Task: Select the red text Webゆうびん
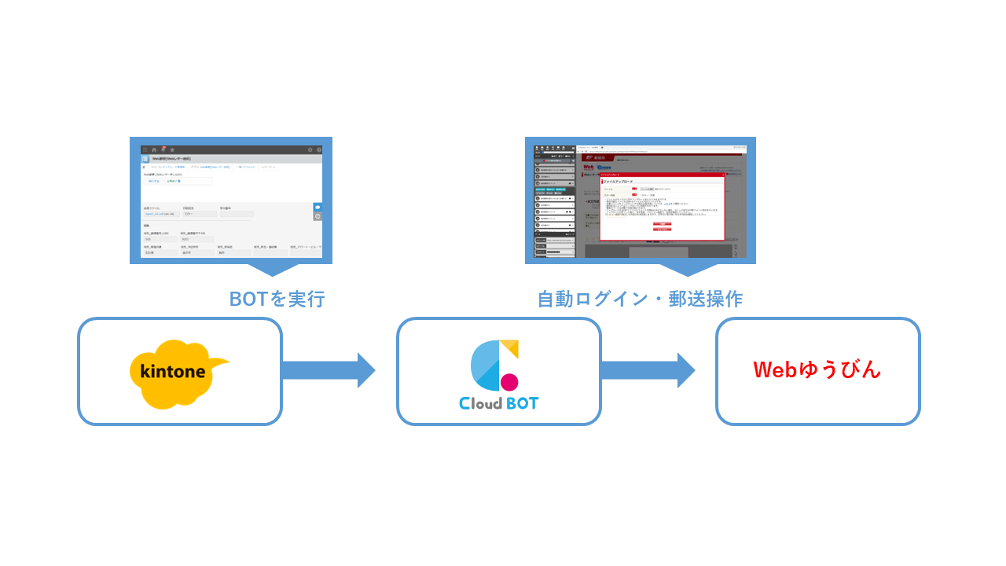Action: [x=817, y=369]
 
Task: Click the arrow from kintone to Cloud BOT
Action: [x=328, y=370]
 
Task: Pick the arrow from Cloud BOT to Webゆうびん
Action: [x=647, y=370]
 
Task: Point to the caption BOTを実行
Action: [x=277, y=300]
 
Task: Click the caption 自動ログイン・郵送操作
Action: [x=640, y=300]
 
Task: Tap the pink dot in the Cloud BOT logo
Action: [x=509, y=382]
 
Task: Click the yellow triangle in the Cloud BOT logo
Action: [x=510, y=347]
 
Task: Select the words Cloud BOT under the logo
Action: [x=499, y=403]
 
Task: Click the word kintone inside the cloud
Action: [x=172, y=371]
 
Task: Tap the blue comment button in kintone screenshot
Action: [x=318, y=208]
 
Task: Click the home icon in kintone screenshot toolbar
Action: [x=154, y=149]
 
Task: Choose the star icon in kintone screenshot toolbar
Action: [x=172, y=149]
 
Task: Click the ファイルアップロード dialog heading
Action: [x=617, y=181]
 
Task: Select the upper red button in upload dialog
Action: [x=662, y=223]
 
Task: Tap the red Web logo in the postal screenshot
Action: [x=588, y=167]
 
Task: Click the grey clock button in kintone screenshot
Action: [x=318, y=216]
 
